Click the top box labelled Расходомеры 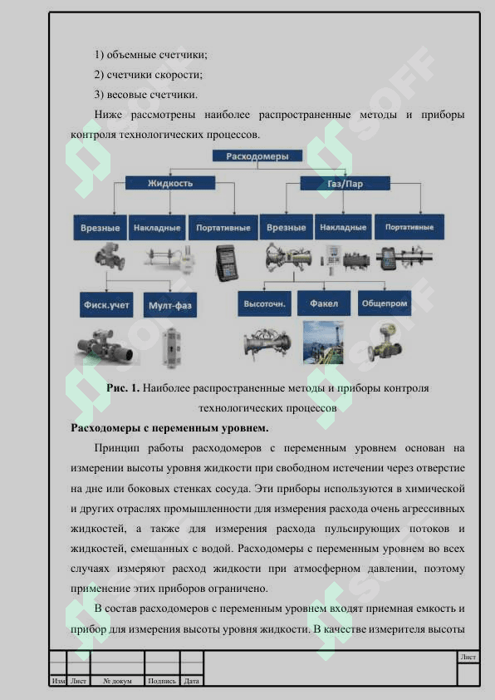(257, 155)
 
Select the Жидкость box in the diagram (170, 183)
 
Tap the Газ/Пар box (345, 184)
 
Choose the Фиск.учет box (106, 305)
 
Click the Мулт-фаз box (170, 305)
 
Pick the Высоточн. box (264, 303)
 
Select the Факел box (324, 303)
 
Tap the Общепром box (385, 303)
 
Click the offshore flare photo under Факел (323, 343)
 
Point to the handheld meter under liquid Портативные (227, 263)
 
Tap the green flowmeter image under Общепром (385, 343)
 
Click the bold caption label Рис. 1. (123, 388)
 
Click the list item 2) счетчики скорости (149, 75)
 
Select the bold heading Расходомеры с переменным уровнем (169, 427)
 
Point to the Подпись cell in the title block (161, 681)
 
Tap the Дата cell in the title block (191, 681)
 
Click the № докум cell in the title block (117, 681)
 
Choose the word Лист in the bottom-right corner (468, 657)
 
